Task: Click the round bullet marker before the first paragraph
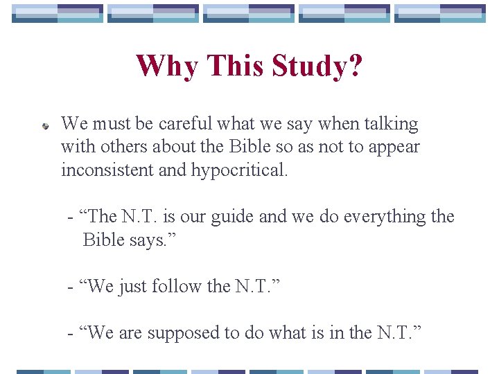click(44, 127)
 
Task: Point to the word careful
click(185, 124)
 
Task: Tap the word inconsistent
click(107, 170)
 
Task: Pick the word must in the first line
click(111, 124)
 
